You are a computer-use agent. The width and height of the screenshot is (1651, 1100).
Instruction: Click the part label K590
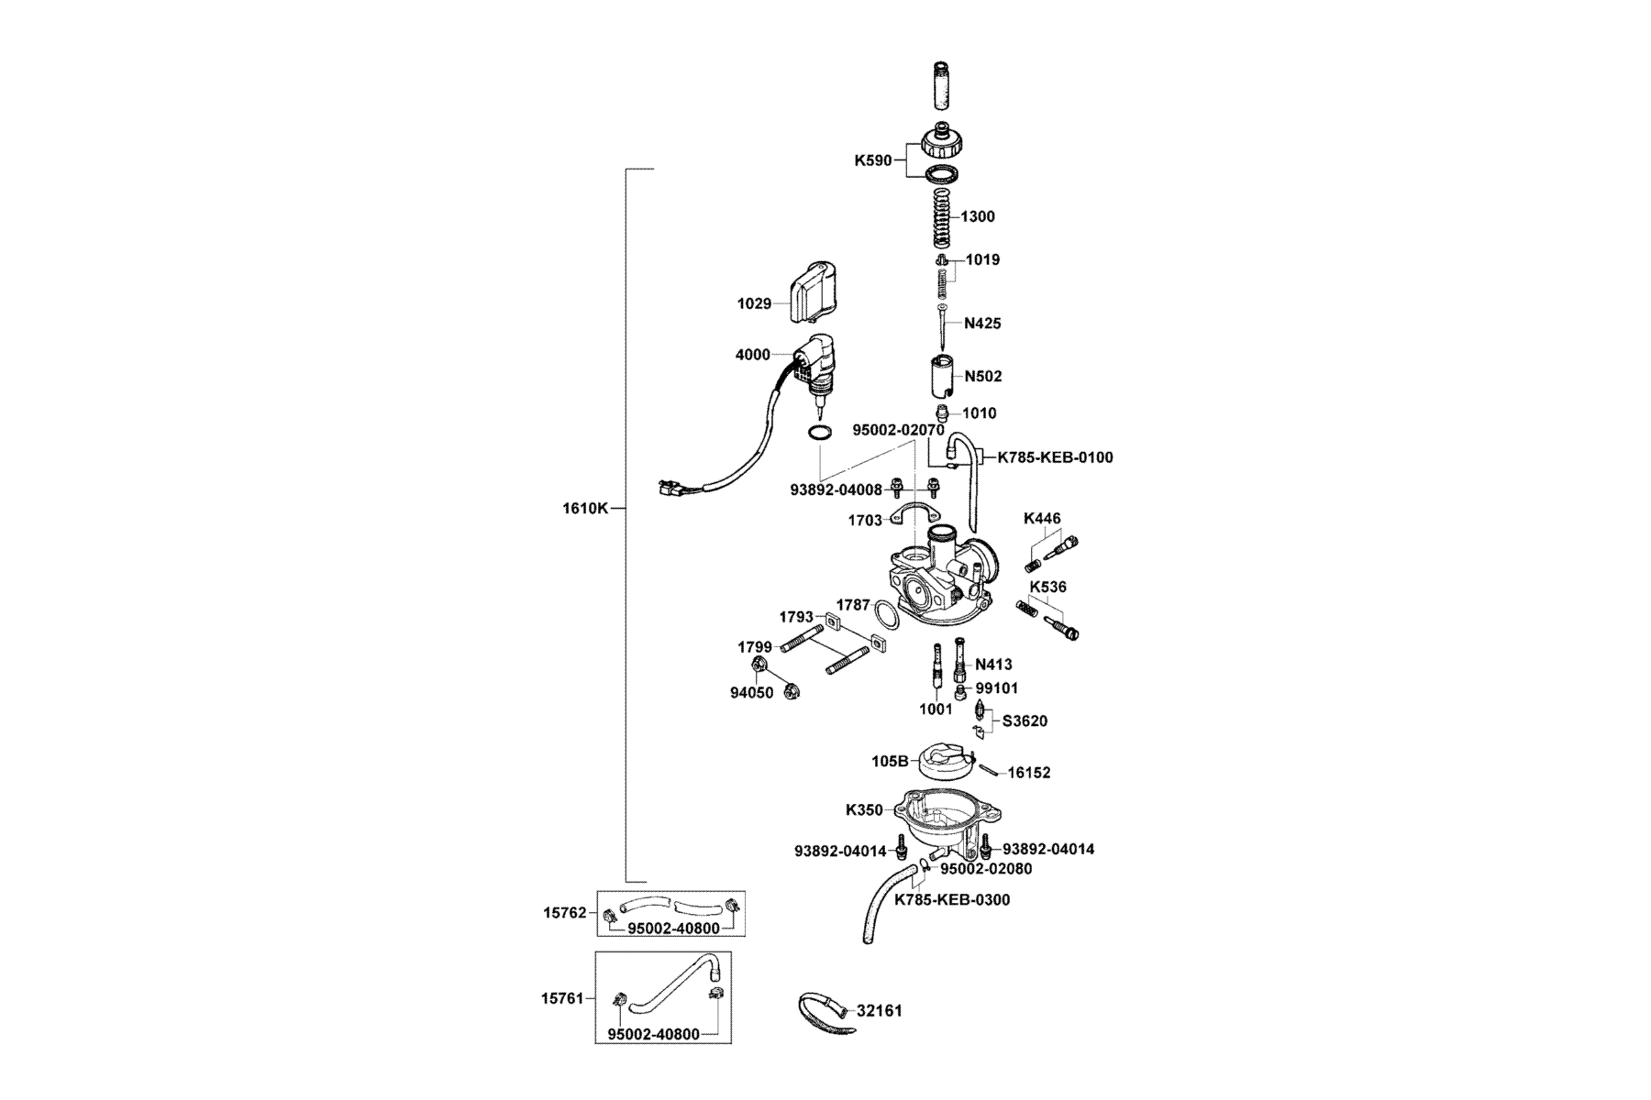(872, 160)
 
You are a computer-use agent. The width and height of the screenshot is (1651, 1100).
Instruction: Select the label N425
(982, 324)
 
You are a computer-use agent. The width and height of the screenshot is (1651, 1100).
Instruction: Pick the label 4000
(752, 355)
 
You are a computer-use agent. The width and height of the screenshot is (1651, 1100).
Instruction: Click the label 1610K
(585, 508)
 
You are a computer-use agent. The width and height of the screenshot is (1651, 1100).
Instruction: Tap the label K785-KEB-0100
(1055, 456)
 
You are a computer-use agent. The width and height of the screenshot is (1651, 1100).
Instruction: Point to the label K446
(1042, 519)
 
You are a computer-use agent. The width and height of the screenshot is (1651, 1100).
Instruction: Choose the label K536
(1047, 587)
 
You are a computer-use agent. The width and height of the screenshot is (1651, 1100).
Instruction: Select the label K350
(864, 810)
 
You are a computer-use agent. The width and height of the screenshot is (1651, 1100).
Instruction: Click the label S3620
(1025, 721)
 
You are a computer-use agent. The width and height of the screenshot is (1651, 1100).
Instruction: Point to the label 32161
(880, 1011)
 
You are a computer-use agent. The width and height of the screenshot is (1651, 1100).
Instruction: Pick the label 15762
(564, 913)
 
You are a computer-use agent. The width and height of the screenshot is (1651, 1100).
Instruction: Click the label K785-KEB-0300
(952, 900)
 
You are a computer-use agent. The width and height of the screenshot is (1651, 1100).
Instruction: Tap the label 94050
(752, 693)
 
